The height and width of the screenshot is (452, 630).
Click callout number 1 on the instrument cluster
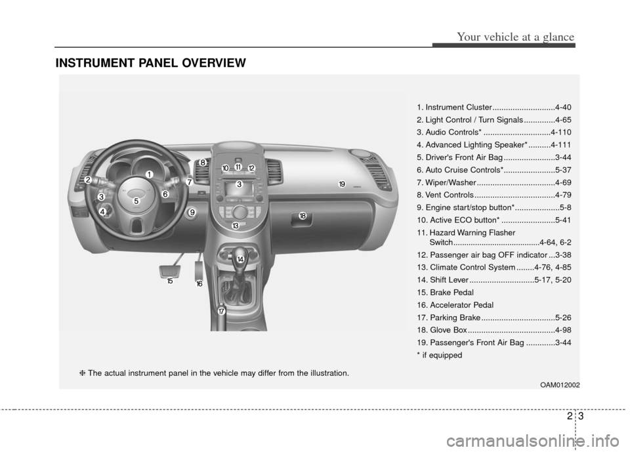[149, 174]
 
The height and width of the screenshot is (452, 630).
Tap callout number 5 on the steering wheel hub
[136, 201]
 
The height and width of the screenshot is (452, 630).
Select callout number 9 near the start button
[192, 212]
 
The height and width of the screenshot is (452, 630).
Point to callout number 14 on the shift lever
[241, 260]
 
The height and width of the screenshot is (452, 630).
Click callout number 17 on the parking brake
[222, 311]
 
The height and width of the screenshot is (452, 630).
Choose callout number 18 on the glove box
[303, 216]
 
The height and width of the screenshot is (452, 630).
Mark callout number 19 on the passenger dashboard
[342, 184]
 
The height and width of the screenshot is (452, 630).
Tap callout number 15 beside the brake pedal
[169, 280]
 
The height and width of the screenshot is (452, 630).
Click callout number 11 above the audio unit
[238, 167]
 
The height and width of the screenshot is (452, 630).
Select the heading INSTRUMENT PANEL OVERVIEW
[151, 63]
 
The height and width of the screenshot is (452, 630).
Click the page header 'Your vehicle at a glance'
[503, 37]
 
